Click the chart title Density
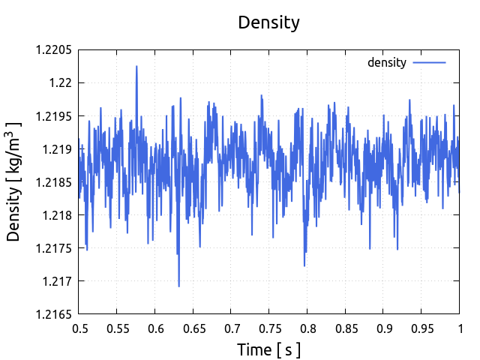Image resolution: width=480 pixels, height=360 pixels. pos(268,22)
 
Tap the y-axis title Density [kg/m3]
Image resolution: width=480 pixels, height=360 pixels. pos(15,182)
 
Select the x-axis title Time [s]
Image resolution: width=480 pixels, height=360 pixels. pos(268,349)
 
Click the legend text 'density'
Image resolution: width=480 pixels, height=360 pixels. pos(386,62)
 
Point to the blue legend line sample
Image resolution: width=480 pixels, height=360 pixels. pos(430,62)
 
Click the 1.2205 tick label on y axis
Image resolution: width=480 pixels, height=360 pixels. pos(53,50)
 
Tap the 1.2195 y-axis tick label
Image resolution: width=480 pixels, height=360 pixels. pos(53,116)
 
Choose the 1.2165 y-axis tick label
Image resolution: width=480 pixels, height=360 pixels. pos(53,314)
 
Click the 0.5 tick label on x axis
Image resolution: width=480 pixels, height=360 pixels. pos(79,328)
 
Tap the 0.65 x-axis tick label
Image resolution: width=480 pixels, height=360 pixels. pos(193,328)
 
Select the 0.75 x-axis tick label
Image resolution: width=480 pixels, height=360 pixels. pos(269,328)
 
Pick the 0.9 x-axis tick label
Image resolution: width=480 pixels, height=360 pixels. pos(383,328)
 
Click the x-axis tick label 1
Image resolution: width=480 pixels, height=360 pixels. pos(459,328)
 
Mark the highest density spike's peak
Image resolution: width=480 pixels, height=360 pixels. pos(136,66)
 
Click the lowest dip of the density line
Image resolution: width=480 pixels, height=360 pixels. pos(178,286)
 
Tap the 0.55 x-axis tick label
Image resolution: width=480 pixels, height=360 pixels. pos(117,328)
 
